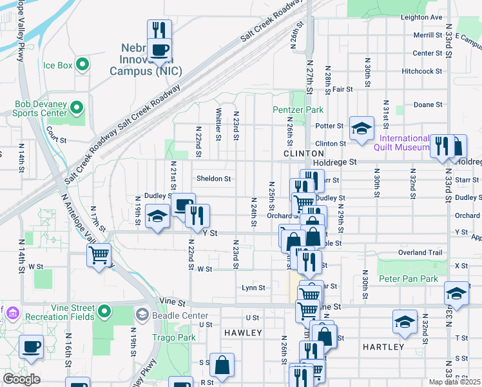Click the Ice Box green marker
pos(82,64)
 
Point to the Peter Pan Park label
pos(408,279)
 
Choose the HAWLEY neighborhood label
pos(243,333)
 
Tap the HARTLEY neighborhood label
pos(383,347)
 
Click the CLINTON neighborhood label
pos(304,154)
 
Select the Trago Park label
pos(173,337)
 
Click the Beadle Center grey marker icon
pos(142,315)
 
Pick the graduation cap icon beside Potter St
pos(361,128)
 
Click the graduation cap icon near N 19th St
pos(157,217)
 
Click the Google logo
pos(22,379)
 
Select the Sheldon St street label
pos(213,179)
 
